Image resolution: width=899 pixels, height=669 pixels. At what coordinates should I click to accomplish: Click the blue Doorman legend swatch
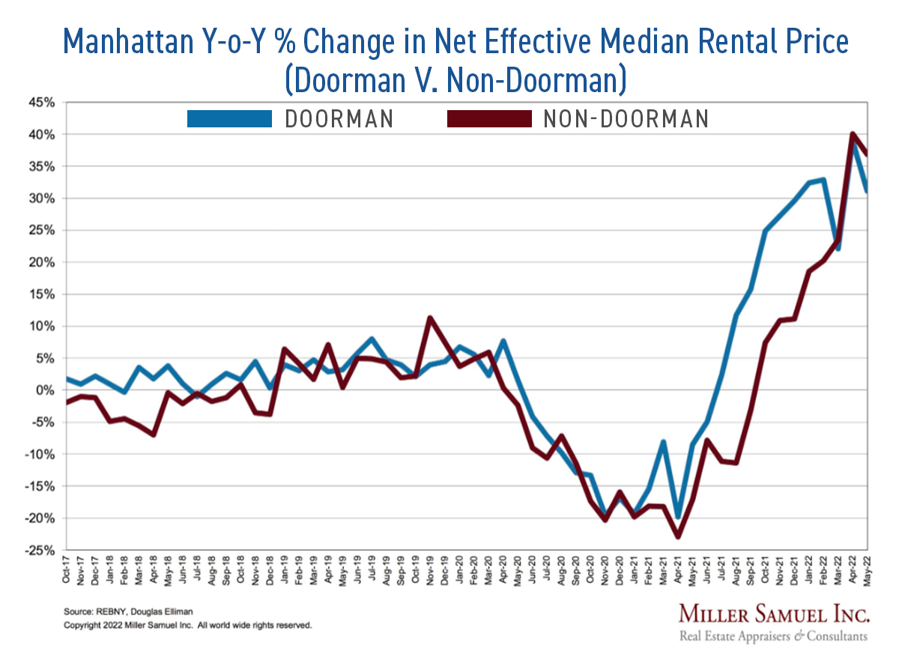tap(229, 118)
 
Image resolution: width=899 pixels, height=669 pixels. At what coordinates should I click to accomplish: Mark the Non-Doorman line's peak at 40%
tap(853, 134)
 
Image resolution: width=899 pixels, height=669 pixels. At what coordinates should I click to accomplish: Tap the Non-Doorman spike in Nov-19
tap(430, 318)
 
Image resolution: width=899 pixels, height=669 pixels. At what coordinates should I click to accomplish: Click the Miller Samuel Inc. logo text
tap(774, 615)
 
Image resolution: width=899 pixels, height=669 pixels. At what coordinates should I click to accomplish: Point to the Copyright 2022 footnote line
tap(187, 625)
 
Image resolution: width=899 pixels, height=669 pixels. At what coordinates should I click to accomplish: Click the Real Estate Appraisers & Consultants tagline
tap(774, 637)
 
